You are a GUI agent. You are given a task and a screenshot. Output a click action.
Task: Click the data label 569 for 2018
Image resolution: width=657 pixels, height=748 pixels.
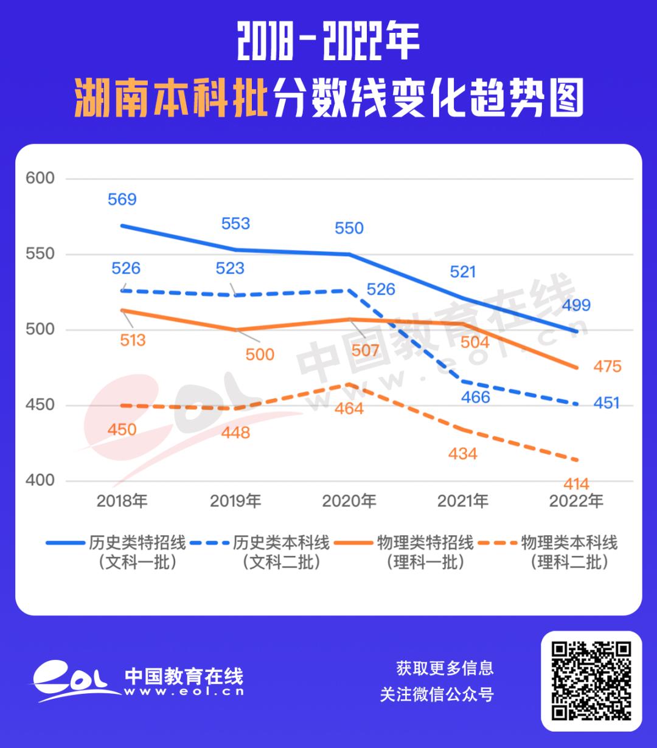pos(122,199)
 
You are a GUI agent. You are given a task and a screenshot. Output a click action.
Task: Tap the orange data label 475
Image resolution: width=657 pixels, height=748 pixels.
pos(608,366)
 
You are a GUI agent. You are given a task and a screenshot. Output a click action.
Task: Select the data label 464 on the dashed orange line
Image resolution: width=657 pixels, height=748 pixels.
pos(349,409)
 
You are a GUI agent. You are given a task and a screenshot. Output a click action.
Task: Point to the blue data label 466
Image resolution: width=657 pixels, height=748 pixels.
pos(476,397)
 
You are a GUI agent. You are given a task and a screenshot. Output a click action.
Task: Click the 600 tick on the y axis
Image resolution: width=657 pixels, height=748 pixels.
pos(40,178)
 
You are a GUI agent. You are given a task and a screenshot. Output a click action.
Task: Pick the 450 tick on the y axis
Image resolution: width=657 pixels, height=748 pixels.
pos(40,405)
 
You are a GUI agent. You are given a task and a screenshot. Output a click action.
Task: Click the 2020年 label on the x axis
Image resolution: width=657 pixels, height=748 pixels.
pos(349,501)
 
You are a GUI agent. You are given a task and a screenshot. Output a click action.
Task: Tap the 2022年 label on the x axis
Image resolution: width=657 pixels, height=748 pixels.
pos(576,501)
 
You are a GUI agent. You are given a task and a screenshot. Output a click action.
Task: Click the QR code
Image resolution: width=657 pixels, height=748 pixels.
pos(591,680)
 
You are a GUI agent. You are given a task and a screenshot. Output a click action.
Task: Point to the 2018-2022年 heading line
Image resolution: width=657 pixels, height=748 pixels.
pos(328,43)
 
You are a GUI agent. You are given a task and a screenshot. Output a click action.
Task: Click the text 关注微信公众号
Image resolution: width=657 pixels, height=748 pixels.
pos(437,694)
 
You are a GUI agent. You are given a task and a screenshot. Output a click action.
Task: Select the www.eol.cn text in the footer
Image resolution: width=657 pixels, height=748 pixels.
pos(184,691)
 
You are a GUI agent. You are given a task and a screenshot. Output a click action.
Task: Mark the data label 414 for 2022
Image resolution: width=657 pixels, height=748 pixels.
pos(576,484)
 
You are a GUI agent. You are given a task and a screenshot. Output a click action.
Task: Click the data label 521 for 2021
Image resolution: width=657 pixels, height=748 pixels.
pos(463,272)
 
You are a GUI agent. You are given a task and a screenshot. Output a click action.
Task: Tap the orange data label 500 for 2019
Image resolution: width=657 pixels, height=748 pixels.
pos(260,354)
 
